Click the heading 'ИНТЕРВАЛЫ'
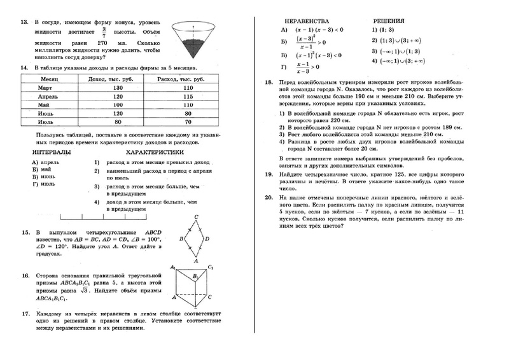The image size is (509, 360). click(x=50, y=153)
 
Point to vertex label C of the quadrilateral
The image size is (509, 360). click(x=197, y=216)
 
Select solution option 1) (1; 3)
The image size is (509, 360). click(x=382, y=29)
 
